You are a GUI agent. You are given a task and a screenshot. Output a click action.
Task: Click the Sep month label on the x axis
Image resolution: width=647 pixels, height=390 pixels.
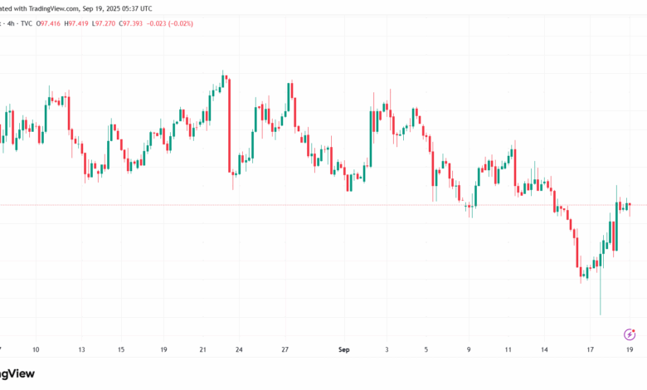coord(345,349)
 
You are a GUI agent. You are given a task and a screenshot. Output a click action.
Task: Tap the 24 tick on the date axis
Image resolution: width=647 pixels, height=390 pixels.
coord(240,349)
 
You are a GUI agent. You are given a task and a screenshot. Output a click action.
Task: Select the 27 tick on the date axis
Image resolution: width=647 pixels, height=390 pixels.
coord(285,349)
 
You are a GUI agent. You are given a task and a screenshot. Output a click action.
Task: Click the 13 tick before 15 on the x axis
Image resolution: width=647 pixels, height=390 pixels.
coord(80,349)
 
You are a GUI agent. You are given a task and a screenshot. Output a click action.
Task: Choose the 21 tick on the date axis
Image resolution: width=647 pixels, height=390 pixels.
coord(203,349)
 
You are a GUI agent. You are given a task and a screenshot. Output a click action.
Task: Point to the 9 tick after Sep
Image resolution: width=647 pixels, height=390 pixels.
coord(469,349)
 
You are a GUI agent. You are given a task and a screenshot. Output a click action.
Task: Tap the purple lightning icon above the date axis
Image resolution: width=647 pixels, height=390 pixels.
coord(629,334)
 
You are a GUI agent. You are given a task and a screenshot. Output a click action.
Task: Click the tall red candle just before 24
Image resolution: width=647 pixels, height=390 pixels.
coord(228,124)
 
